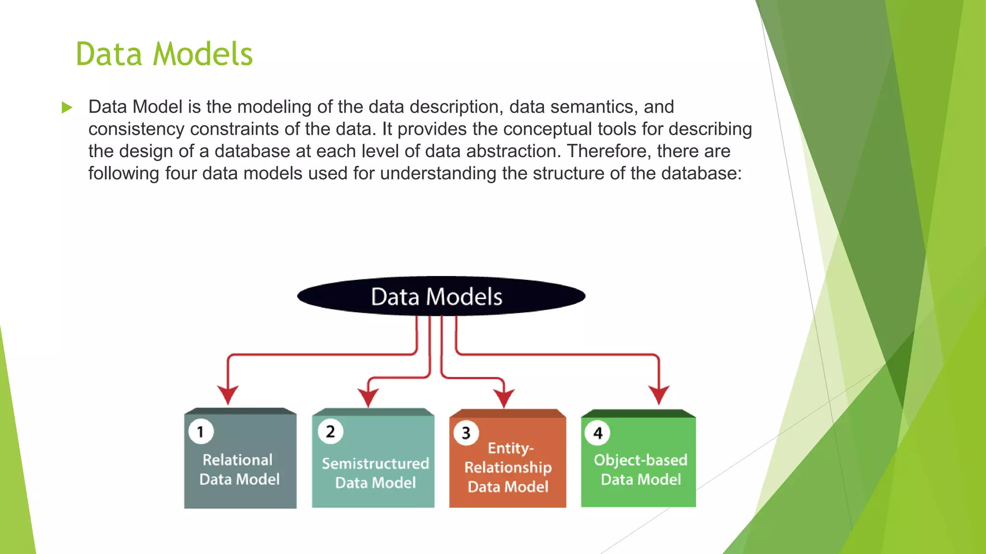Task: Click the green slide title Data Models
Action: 164,54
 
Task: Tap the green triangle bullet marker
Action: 67,107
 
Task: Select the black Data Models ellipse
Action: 441,296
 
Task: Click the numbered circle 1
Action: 201,431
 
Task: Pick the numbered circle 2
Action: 330,431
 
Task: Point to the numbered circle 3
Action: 466,433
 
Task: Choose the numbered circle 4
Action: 597,433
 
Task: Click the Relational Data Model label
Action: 239,469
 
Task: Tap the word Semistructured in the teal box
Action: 375,463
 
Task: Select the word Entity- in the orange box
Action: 510,448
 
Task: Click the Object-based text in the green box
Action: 640,460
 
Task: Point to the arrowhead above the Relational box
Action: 228,394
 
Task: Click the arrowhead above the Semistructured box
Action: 368,397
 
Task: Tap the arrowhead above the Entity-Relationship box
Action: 504,398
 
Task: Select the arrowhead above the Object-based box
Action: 659,394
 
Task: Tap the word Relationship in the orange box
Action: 508,467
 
